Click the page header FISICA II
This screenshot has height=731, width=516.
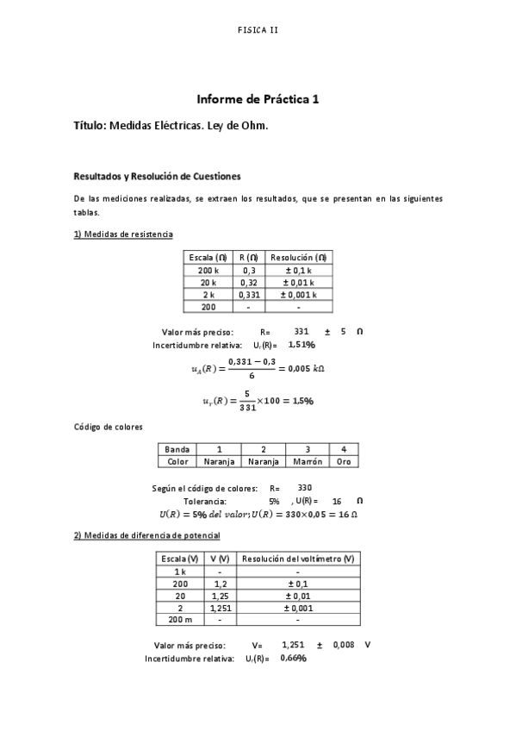[x=258, y=29]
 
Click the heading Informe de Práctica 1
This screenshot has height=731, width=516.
[x=258, y=99]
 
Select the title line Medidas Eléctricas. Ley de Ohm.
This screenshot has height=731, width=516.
[x=171, y=126]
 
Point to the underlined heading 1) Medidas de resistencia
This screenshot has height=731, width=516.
[x=123, y=234]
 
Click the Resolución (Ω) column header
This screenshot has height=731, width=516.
[x=299, y=258]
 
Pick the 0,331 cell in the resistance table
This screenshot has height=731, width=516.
[x=249, y=294]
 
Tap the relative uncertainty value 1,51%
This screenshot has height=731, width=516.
[x=302, y=344]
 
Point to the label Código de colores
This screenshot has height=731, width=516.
[x=108, y=427]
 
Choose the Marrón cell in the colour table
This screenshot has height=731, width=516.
[x=308, y=461]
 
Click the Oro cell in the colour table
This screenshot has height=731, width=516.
[x=344, y=461]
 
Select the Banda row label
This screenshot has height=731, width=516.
[x=177, y=449]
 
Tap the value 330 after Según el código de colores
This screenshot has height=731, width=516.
[x=305, y=488]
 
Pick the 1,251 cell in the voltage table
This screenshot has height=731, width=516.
[x=219, y=607]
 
